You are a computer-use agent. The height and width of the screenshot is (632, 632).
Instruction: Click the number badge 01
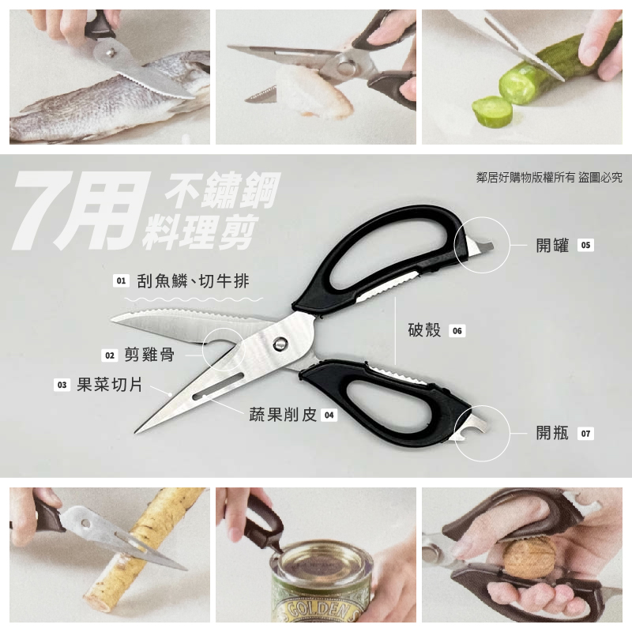[121, 280]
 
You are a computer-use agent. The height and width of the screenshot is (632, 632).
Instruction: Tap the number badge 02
[110, 355]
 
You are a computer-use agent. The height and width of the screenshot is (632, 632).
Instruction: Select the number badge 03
[62, 385]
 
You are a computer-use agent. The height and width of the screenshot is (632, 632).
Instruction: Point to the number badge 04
[329, 416]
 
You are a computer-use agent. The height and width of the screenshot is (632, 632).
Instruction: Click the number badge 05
[585, 245]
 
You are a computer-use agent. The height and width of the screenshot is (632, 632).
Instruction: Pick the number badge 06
[457, 331]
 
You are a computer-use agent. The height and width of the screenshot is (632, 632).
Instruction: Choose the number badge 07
[585, 434]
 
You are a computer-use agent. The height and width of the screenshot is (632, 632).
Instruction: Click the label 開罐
[552, 245]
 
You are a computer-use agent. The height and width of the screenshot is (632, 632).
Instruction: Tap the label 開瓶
[552, 433]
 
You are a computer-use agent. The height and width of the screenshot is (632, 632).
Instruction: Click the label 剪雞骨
[149, 355]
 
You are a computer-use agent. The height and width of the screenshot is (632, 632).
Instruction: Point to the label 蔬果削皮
[283, 415]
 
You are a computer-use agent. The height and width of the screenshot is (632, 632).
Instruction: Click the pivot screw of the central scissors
[280, 344]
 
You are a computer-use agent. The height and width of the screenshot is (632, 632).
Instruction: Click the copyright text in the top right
[549, 177]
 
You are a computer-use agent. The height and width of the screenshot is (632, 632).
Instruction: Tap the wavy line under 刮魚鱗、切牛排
[194, 299]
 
